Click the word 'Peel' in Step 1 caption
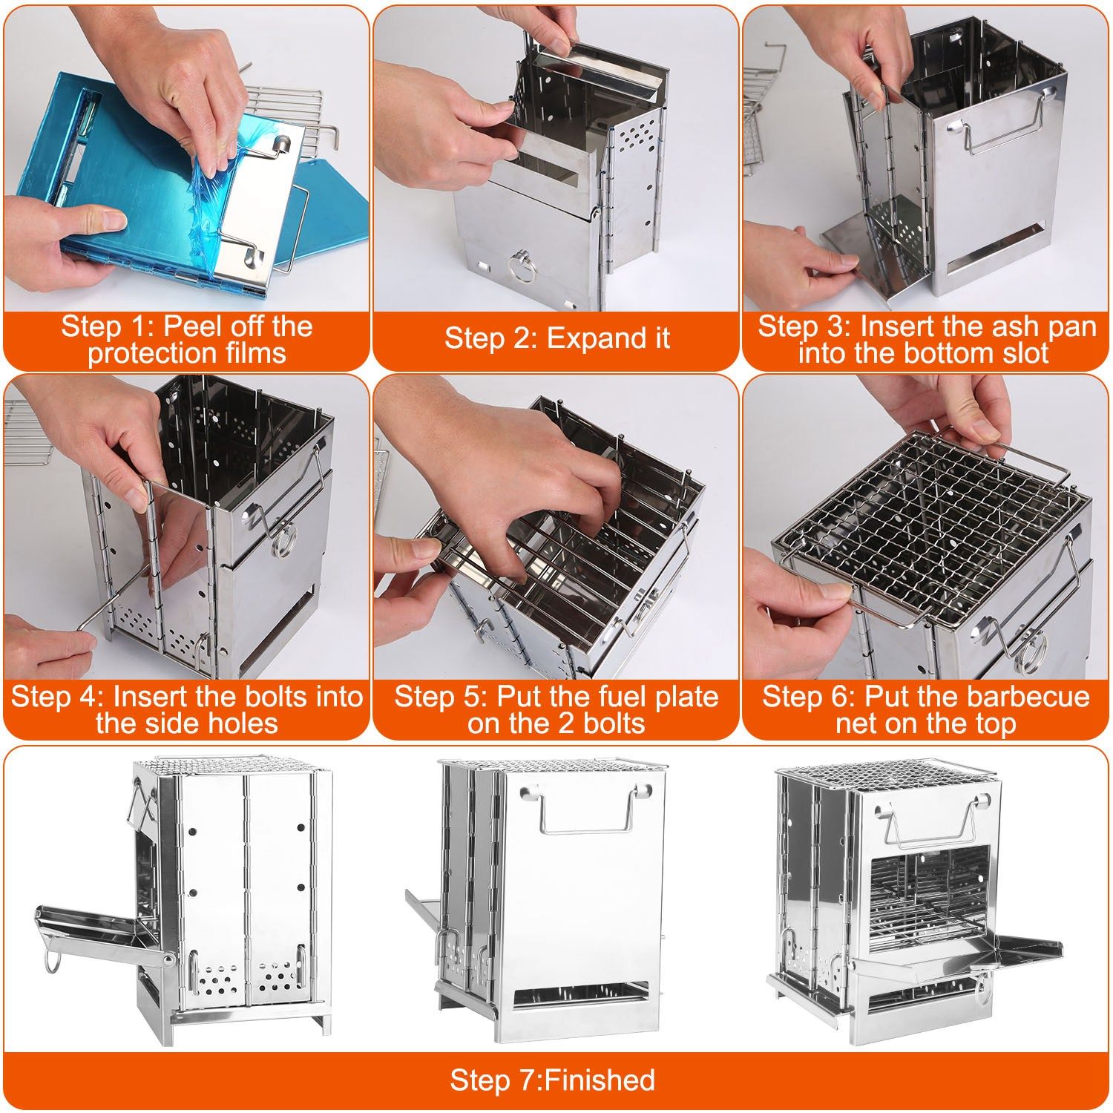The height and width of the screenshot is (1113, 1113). (187, 326)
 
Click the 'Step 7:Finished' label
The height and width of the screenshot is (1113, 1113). (553, 1080)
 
